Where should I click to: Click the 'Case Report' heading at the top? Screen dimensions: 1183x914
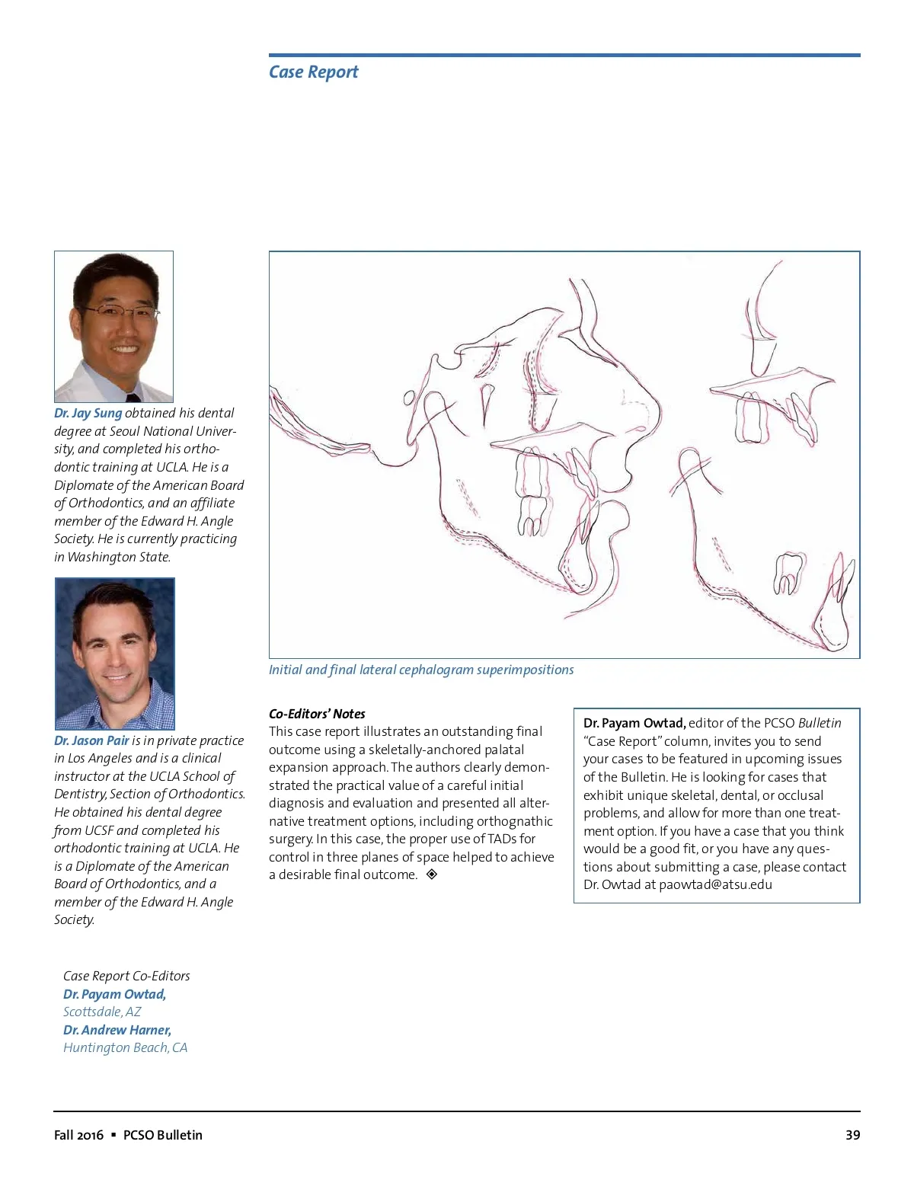(x=313, y=72)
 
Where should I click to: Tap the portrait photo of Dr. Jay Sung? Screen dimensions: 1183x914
(x=114, y=326)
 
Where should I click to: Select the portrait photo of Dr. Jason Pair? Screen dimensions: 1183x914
(x=115, y=653)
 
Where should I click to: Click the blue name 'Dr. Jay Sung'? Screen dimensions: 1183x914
(x=88, y=413)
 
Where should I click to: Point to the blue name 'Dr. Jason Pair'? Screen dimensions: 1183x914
(x=91, y=740)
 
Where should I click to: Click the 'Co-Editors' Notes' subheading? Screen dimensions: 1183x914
(x=317, y=714)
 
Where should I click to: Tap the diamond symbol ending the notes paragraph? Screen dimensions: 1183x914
(x=432, y=874)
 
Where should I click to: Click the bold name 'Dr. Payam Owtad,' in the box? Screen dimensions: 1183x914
(x=634, y=723)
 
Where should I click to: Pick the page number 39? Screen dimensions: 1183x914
(x=852, y=1135)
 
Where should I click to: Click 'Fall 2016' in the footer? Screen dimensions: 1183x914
(x=78, y=1135)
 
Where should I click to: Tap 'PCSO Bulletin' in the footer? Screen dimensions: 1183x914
(x=163, y=1135)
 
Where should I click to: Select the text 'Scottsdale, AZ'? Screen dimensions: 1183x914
(x=102, y=1012)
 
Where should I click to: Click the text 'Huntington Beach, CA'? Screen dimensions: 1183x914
(x=125, y=1047)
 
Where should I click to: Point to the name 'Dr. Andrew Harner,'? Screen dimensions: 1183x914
(x=117, y=1030)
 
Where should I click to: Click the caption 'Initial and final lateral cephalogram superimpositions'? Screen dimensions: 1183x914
(x=421, y=670)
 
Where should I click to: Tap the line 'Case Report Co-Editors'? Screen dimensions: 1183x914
(x=126, y=976)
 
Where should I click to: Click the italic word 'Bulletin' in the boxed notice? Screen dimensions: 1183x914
(x=820, y=723)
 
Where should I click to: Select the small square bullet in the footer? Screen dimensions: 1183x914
(x=113, y=1135)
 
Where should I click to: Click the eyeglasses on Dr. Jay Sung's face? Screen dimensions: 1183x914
(x=120, y=311)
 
